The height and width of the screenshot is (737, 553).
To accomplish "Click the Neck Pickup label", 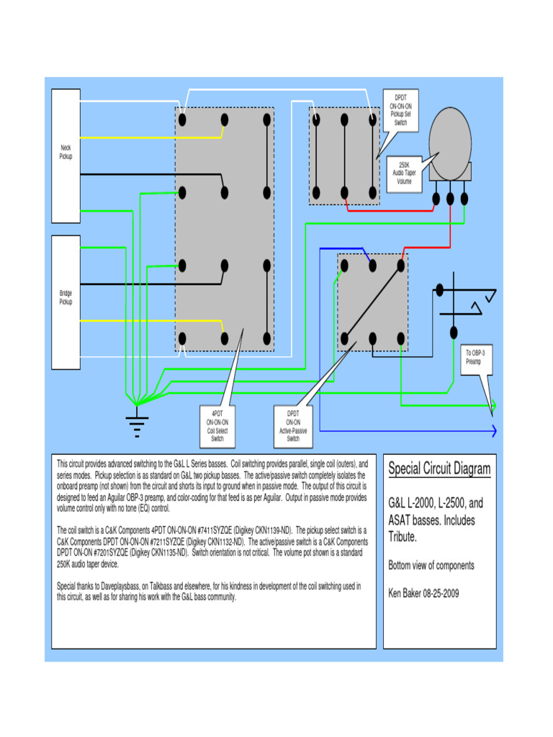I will (66, 151).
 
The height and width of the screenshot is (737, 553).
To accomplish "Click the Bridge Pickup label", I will (66, 297).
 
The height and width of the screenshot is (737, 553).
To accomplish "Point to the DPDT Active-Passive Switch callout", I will (293, 426).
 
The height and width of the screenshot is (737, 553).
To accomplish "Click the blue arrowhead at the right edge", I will (494, 431).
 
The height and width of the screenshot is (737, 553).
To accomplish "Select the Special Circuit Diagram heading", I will (439, 469).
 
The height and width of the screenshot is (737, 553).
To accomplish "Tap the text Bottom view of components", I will (431, 566).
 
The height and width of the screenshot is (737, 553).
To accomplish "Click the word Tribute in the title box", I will (403, 537).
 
